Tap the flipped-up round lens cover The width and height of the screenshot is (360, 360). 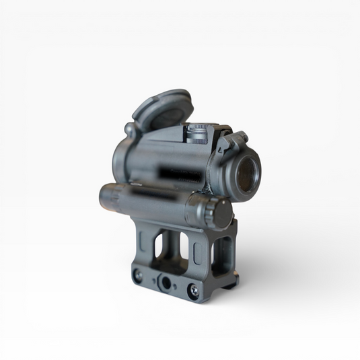pos(162,108)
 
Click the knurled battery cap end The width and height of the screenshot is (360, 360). pos(218,212)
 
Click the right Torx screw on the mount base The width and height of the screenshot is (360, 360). pos(193,290)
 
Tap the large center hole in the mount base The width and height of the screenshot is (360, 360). pos(165,282)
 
